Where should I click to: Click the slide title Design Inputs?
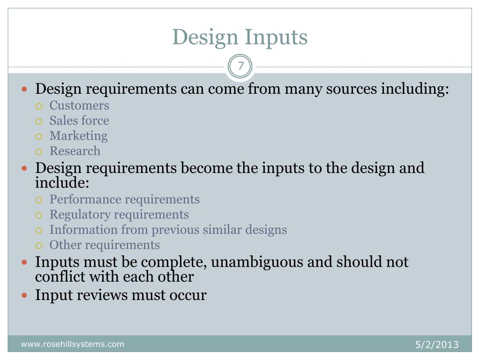pos(240,37)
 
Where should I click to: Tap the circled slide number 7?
pos(240,66)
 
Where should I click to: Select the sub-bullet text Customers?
pos(79,105)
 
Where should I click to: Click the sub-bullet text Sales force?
pos(79,120)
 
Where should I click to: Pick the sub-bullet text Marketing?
pos(78,136)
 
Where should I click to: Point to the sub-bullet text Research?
pos(75,151)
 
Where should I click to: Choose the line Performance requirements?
pos(125,199)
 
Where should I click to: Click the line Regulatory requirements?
pos(119,215)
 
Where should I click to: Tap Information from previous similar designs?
pos(168,230)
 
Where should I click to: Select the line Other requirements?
pos(105,245)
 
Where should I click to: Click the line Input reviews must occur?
pos(121,295)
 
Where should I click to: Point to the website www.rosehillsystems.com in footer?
pos(72,345)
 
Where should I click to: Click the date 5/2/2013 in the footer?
pos(436,345)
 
